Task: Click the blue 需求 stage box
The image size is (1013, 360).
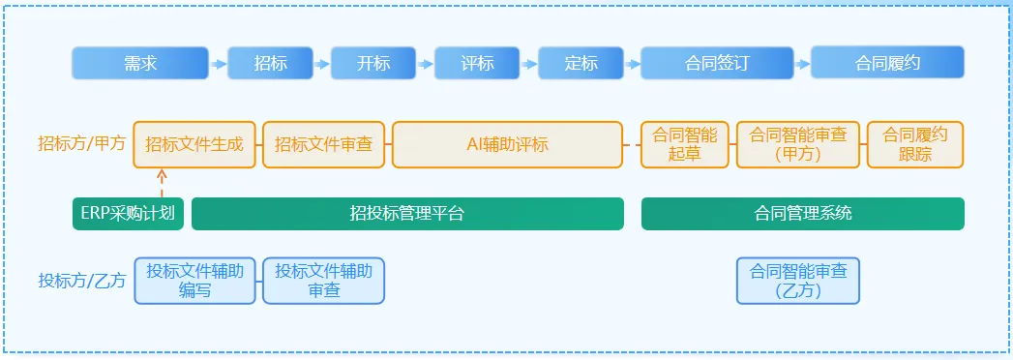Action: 140,63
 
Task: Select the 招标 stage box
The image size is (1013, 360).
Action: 270,63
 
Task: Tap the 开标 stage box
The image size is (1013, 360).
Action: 373,63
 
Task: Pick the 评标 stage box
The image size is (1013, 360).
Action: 477,63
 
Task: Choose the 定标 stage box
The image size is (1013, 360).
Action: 581,63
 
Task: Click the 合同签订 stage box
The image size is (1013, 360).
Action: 717,63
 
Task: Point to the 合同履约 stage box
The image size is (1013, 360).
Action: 887,63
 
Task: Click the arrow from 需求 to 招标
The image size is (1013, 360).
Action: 219,64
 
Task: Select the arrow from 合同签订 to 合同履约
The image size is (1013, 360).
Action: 802,64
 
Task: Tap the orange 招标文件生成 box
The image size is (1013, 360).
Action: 194,145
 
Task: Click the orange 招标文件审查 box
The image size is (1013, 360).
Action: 324,145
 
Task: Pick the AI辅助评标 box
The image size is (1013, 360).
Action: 507,145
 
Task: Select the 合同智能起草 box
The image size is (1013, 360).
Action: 685,145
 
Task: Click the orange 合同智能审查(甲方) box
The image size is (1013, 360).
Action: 798,145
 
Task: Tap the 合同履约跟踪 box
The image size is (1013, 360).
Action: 915,145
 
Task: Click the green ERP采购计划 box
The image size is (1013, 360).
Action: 128,214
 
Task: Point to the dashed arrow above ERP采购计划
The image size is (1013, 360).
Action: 162,183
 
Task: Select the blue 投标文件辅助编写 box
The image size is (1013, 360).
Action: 194,281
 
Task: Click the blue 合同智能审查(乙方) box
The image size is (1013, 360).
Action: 798,281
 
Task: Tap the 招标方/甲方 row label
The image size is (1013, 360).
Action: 82,143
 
